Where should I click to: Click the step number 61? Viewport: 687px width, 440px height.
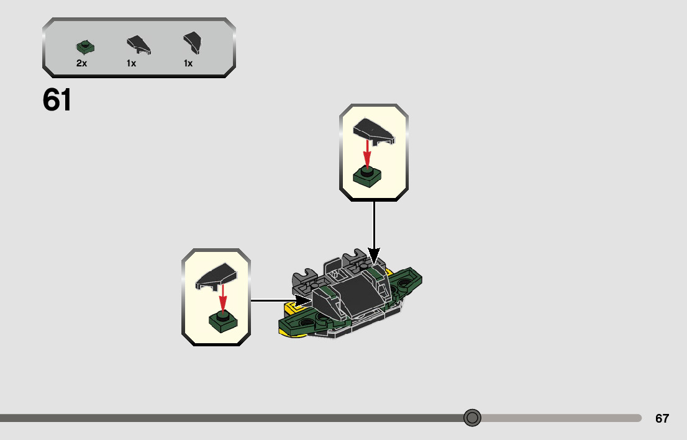tap(57, 100)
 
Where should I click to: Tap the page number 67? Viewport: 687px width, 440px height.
tap(662, 418)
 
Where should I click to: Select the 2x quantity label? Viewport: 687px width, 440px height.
tap(81, 63)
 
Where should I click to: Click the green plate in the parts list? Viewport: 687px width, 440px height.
tap(84, 47)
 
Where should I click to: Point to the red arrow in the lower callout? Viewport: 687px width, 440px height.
tap(222, 297)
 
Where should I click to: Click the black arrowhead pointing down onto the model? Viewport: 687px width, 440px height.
tap(373, 255)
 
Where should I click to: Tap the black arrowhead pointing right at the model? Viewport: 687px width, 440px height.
tap(304, 300)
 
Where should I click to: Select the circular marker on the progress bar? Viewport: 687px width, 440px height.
tap(473, 418)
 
